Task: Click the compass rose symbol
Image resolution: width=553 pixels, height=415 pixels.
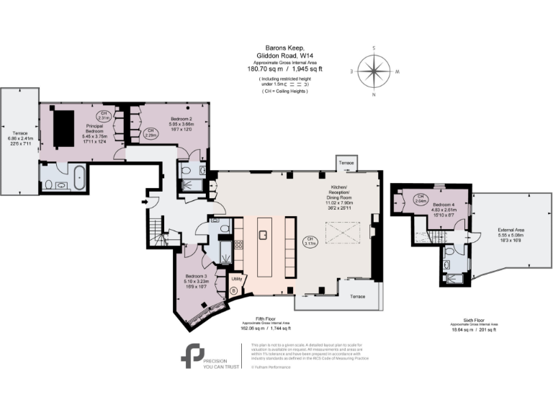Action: pos(374,71)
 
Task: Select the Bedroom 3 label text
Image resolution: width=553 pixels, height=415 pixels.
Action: pos(196,279)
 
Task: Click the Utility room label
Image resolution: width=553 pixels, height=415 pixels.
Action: pos(235,277)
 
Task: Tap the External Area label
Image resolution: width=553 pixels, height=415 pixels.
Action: pos(511,233)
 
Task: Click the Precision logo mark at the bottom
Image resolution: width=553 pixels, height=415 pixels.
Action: pos(192,357)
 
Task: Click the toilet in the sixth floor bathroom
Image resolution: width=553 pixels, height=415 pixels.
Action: pos(449,252)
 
